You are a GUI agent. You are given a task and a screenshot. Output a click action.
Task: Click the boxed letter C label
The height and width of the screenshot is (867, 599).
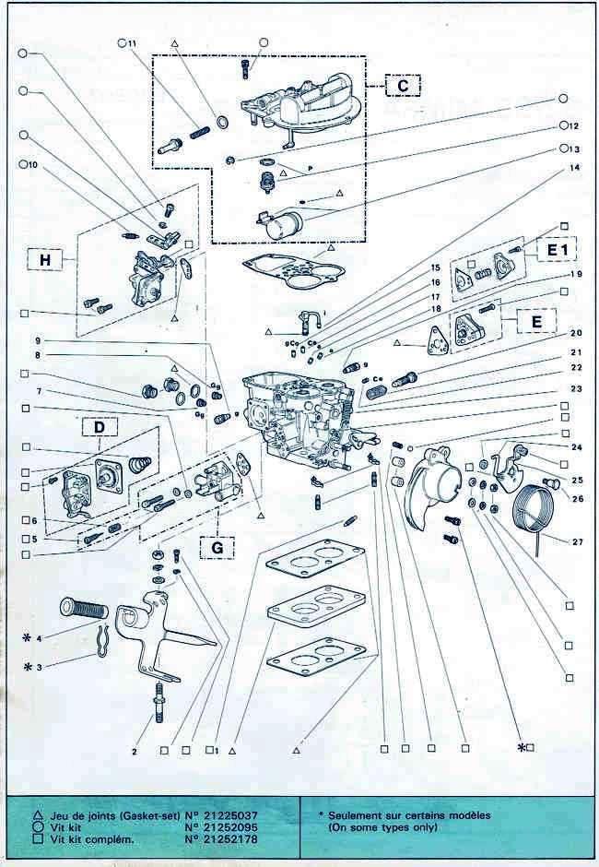pyautogui.click(x=402, y=86)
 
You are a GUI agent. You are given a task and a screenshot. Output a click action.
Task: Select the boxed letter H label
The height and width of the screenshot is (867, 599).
pyautogui.click(x=44, y=261)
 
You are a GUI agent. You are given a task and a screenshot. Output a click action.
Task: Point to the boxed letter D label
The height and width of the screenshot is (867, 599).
pyautogui.click(x=98, y=428)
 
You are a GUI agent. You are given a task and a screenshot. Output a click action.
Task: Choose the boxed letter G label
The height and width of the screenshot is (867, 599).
pyautogui.click(x=217, y=546)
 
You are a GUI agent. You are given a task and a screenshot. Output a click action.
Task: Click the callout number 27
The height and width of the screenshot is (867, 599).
pyautogui.click(x=577, y=541)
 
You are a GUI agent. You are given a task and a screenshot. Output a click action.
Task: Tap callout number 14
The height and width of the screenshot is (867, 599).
pyautogui.click(x=574, y=168)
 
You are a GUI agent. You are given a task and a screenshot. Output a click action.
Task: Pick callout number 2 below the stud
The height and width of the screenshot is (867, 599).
pyautogui.click(x=134, y=752)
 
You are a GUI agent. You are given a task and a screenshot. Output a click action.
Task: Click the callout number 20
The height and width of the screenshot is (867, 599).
pyautogui.click(x=576, y=333)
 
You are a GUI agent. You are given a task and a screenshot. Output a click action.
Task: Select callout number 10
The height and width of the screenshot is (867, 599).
pyautogui.click(x=33, y=165)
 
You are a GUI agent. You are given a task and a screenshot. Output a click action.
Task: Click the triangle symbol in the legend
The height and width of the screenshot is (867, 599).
pyautogui.click(x=37, y=814)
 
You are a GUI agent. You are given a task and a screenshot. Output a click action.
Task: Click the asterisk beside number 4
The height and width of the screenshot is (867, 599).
pyautogui.click(x=28, y=636)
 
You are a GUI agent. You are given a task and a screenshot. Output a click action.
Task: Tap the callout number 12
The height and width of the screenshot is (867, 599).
pyautogui.click(x=573, y=126)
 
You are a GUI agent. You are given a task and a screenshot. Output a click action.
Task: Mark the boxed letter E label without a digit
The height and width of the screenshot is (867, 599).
pyautogui.click(x=530, y=323)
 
